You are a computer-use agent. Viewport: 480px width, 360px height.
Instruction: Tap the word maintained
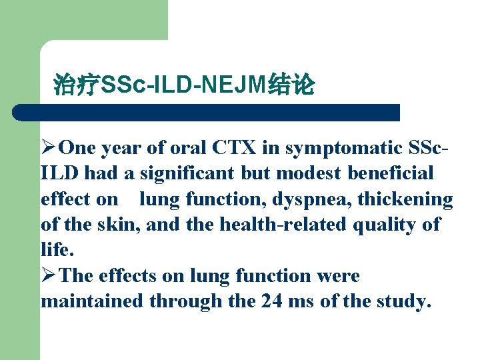click(92, 301)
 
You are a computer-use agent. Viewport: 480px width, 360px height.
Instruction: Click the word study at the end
click(402, 301)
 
